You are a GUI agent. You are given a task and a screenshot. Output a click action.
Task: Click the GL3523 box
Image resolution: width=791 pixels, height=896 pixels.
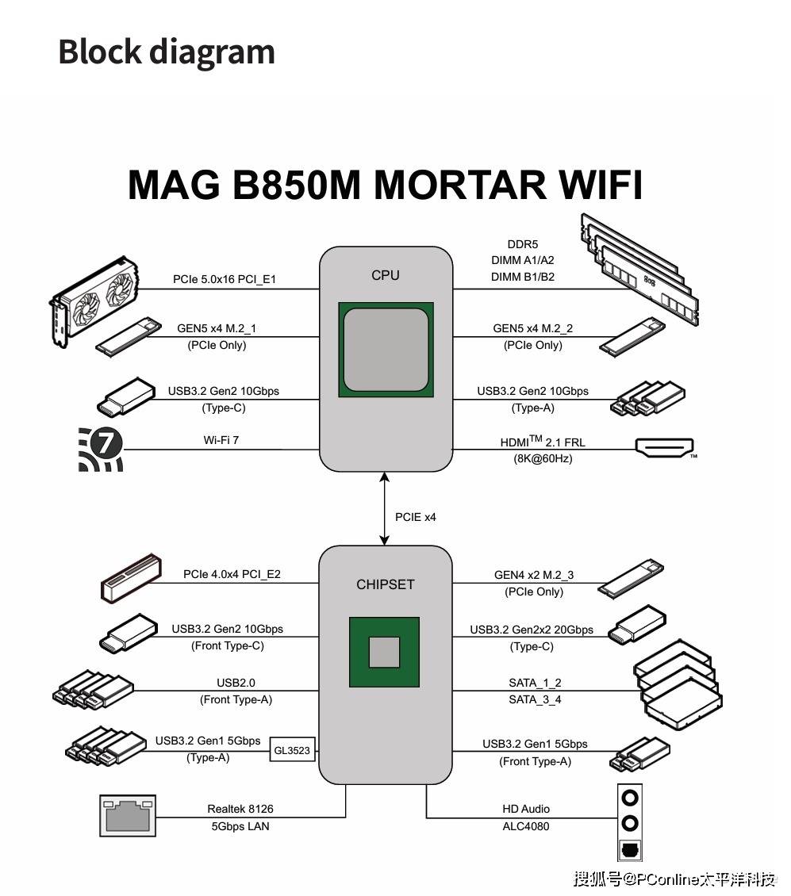(292, 750)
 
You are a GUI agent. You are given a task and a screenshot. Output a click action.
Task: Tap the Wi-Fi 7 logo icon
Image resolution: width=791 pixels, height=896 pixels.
(101, 449)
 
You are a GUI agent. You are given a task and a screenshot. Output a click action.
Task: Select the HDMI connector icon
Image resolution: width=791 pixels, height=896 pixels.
(665, 447)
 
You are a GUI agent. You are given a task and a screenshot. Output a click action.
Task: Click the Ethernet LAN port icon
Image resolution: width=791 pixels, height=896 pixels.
(128, 815)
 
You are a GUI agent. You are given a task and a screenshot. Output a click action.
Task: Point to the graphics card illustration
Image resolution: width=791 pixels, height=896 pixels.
(95, 301)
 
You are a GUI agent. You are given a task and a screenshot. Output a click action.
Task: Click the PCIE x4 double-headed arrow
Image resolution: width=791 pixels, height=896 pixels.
(384, 508)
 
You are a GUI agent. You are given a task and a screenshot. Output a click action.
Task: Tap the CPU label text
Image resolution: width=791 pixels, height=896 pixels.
(386, 275)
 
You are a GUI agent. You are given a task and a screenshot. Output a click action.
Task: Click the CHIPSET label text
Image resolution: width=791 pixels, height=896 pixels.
(386, 584)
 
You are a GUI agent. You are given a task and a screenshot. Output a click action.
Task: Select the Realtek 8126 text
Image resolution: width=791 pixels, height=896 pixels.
(240, 809)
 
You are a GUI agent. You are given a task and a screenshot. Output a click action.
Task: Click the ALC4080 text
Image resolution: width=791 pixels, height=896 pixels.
(526, 826)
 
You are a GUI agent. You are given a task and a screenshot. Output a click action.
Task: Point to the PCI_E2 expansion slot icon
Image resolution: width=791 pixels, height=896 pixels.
(131, 578)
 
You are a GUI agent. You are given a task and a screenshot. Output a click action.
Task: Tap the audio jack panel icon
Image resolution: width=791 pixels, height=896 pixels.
(630, 822)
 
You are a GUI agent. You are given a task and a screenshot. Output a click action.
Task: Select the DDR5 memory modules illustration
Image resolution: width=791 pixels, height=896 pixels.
(639, 270)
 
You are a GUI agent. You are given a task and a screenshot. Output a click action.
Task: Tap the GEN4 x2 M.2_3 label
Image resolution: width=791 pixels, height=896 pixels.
(534, 575)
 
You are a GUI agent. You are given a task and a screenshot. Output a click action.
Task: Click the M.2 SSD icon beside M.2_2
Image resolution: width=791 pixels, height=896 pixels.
(632, 337)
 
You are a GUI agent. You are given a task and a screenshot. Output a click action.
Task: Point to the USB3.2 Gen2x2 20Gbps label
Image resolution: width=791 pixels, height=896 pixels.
(532, 630)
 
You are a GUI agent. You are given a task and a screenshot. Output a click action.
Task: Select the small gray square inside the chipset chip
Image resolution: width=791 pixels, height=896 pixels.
(384, 652)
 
